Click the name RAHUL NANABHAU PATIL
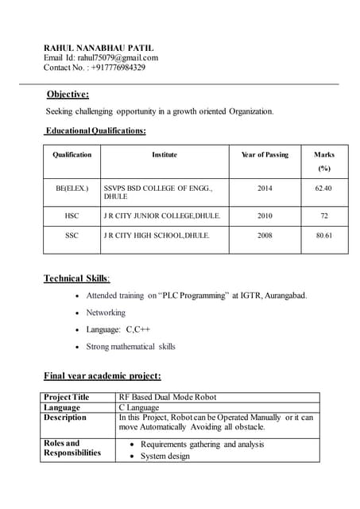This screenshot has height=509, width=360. [x=99, y=48]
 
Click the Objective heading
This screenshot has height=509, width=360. [x=68, y=95]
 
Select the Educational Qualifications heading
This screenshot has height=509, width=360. [x=95, y=130]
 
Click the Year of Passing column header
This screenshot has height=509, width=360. [x=265, y=154]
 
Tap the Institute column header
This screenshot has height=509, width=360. [x=165, y=154]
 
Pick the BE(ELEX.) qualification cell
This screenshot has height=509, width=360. [x=72, y=188]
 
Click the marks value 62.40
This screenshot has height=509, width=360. [x=323, y=188]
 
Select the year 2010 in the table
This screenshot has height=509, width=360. [x=265, y=216]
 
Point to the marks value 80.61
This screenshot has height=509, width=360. [x=323, y=236]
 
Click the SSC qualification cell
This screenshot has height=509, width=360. [x=72, y=236]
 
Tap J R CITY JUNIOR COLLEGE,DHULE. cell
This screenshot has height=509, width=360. [x=162, y=216]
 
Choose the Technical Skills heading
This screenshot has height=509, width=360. [x=76, y=278]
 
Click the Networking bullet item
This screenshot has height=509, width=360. [x=106, y=313]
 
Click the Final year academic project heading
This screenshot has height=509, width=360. [x=102, y=375]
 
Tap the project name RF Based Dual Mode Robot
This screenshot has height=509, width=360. [x=167, y=397]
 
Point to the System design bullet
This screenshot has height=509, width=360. [x=165, y=457]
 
